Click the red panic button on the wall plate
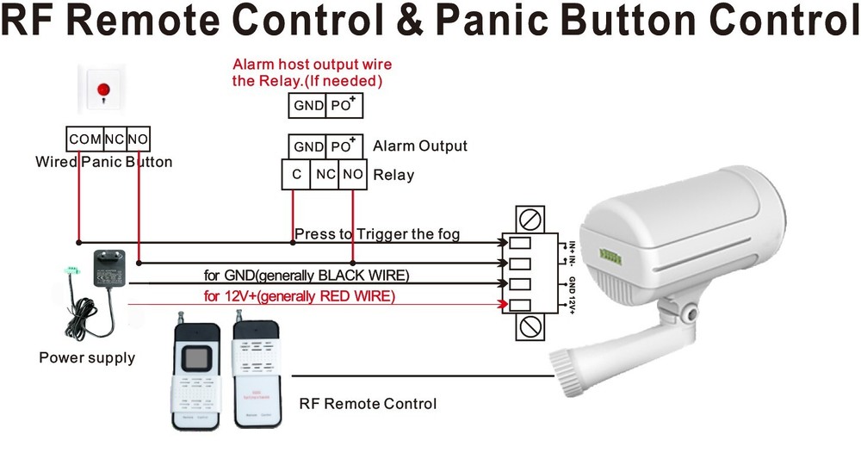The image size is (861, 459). pos(105,89)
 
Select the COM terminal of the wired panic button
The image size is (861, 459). pos(84,139)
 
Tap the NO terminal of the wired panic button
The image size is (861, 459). pos(138,139)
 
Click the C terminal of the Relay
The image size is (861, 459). pos(295,175)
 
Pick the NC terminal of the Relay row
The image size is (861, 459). pos(325,175)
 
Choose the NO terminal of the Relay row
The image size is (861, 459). pos(352,175)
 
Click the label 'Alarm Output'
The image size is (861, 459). pos(419,146)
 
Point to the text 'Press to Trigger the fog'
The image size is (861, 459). pos(376,234)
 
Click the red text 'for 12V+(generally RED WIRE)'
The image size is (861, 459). pos(299,296)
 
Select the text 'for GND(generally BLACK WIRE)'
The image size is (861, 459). pos(306,276)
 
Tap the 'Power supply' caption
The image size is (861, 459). pos(87,357)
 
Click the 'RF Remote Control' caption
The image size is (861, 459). pos(368,403)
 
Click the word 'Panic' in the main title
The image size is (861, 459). pos(502,21)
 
